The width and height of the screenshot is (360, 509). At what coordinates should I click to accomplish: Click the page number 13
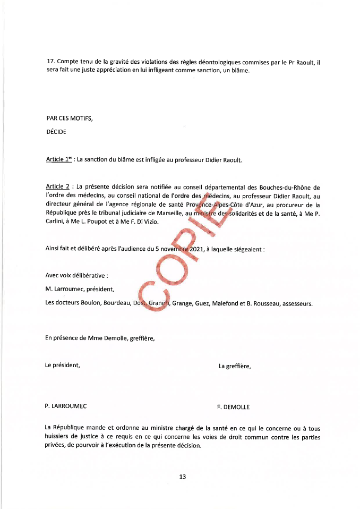pos(182,477)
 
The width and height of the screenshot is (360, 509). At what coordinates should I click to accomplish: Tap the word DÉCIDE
pos(56,132)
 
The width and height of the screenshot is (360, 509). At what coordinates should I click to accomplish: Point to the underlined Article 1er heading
pos(59,159)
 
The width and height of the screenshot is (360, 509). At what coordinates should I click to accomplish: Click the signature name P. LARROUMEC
pos(66,406)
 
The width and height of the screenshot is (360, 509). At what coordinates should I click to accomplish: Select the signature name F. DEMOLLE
pos(233,407)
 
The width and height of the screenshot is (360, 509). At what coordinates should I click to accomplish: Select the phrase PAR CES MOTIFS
pos(69,118)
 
